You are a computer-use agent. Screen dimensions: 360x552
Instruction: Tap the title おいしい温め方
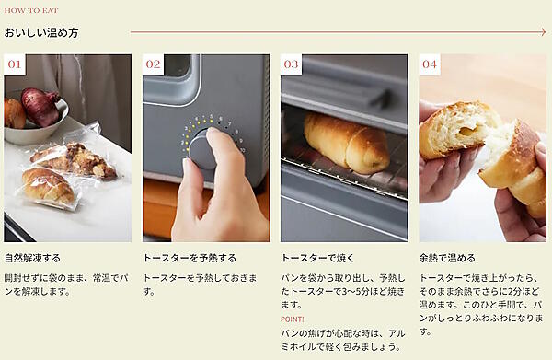(41, 32)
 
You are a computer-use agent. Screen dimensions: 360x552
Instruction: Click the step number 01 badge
(15, 64)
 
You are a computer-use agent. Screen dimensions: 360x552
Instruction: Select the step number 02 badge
(153, 64)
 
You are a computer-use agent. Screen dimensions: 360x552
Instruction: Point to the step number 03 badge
(291, 64)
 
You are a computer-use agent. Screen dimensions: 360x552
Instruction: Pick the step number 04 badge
(430, 64)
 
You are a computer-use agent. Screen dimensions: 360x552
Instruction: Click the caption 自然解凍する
(32, 258)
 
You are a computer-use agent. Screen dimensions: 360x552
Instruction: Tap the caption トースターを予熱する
(190, 258)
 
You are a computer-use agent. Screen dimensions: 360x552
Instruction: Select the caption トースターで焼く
(317, 258)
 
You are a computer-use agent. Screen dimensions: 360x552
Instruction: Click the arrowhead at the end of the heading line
(542, 32)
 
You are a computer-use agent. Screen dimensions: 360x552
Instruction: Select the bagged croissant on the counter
(46, 184)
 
